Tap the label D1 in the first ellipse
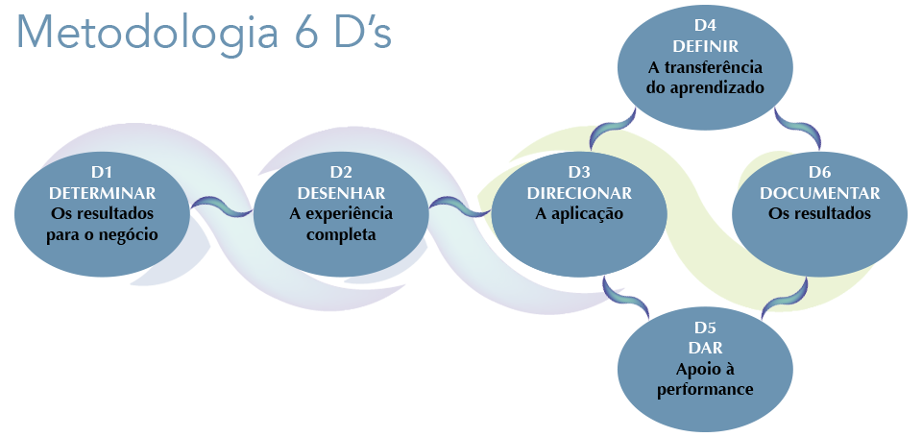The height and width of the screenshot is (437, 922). [103, 172]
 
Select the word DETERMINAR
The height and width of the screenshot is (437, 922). [103, 192]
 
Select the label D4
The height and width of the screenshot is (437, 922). [704, 27]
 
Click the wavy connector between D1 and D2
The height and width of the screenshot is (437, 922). [221, 205]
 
